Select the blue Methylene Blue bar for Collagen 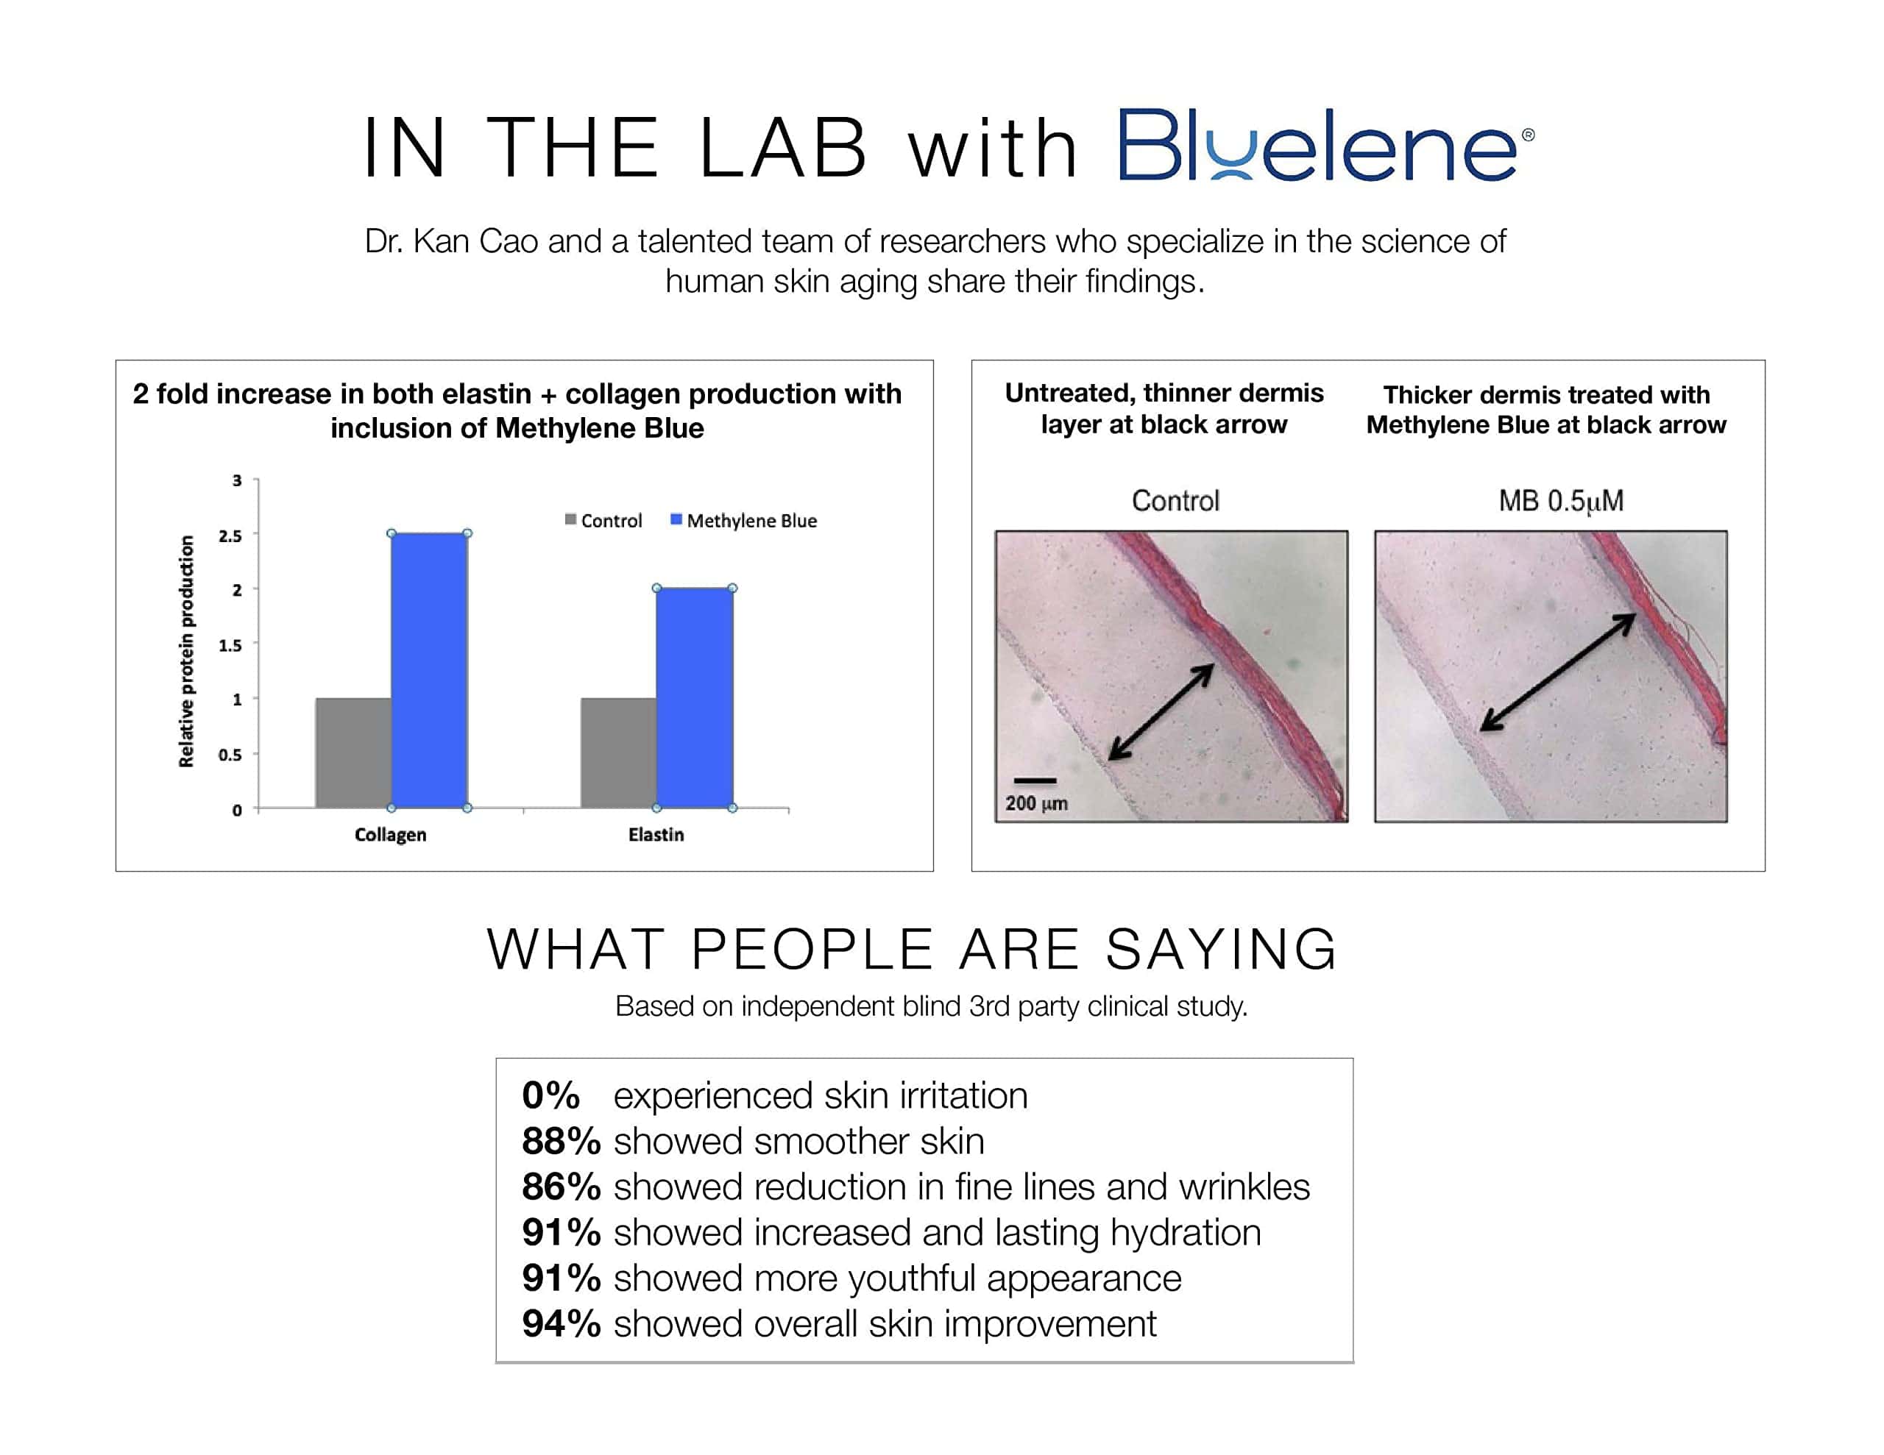click(430, 671)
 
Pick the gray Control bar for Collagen click(354, 753)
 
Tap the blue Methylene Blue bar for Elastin click(695, 699)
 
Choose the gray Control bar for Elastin click(618, 753)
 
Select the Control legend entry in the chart click(604, 520)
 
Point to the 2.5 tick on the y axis click(230, 536)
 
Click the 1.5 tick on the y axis click(230, 645)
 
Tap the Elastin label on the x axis click(656, 835)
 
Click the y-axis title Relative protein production click(185, 651)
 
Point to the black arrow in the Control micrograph click(1161, 711)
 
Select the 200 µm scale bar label click(1036, 803)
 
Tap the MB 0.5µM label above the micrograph click(1562, 500)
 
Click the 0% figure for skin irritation click(550, 1095)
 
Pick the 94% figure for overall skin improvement click(561, 1324)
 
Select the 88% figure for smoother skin click(561, 1141)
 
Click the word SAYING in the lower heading click(1221, 950)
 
